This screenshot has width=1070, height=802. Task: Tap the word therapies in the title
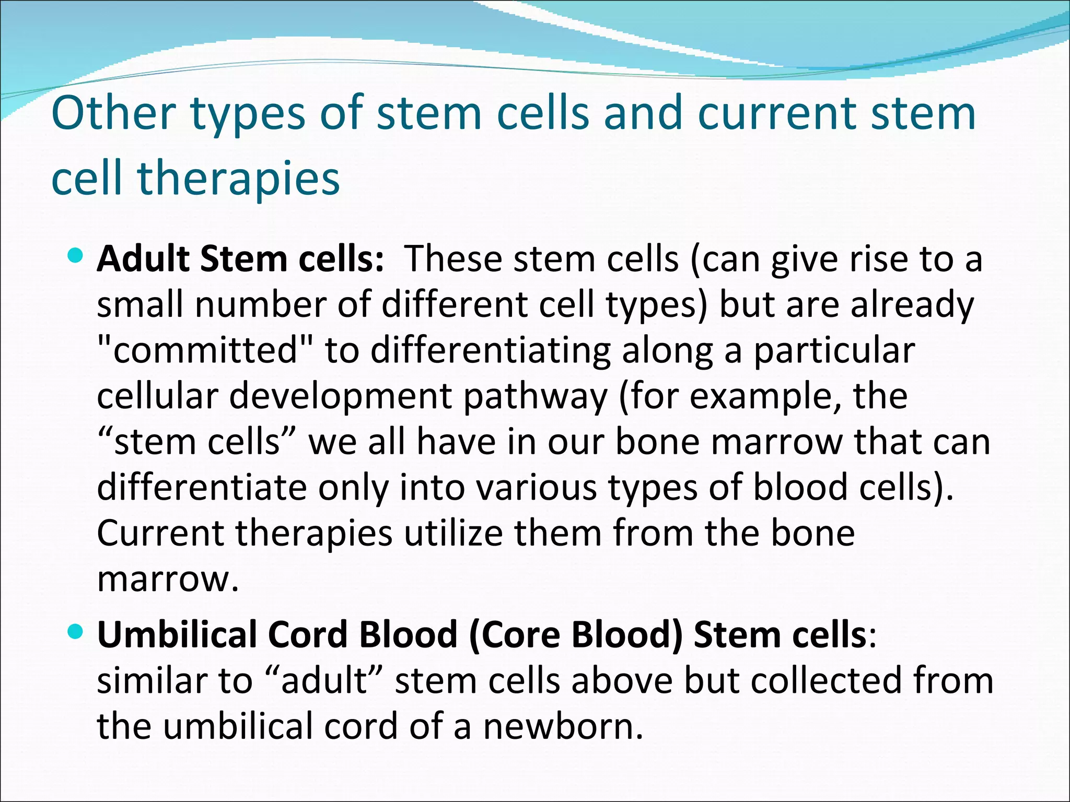[x=238, y=179]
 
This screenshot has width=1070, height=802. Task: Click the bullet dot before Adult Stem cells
[x=76, y=256]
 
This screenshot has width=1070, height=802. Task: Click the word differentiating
[x=491, y=351]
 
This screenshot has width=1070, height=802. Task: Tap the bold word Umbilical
[x=177, y=635]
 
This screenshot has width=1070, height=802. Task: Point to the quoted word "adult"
[x=324, y=681]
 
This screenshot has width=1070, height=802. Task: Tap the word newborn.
[x=563, y=727]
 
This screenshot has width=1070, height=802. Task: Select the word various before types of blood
[x=536, y=488]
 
